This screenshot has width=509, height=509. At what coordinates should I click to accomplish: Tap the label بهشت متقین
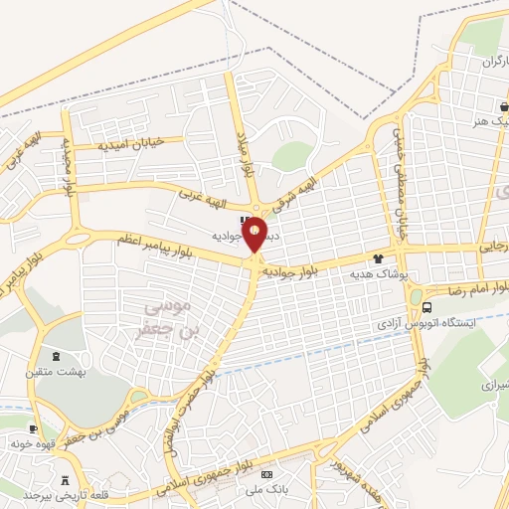click(x=57, y=370)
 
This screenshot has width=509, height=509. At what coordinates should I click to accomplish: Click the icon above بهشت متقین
click(x=56, y=356)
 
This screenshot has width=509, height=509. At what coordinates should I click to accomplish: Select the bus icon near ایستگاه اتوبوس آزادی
click(x=427, y=306)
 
